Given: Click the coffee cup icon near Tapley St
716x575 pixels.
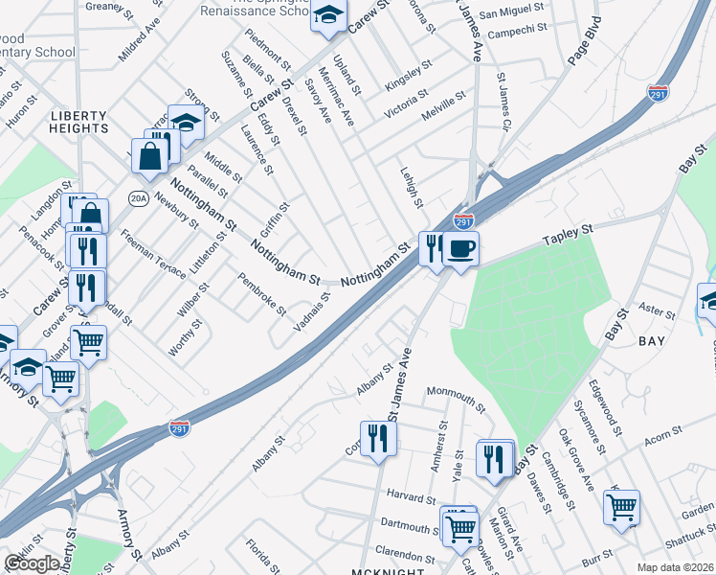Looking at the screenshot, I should [x=460, y=249].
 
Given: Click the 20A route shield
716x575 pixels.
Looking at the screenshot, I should [x=139, y=198].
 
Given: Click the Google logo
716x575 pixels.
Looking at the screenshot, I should [x=32, y=563].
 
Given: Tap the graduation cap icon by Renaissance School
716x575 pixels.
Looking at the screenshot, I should [x=327, y=15].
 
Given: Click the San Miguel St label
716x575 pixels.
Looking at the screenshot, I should [x=511, y=13].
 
